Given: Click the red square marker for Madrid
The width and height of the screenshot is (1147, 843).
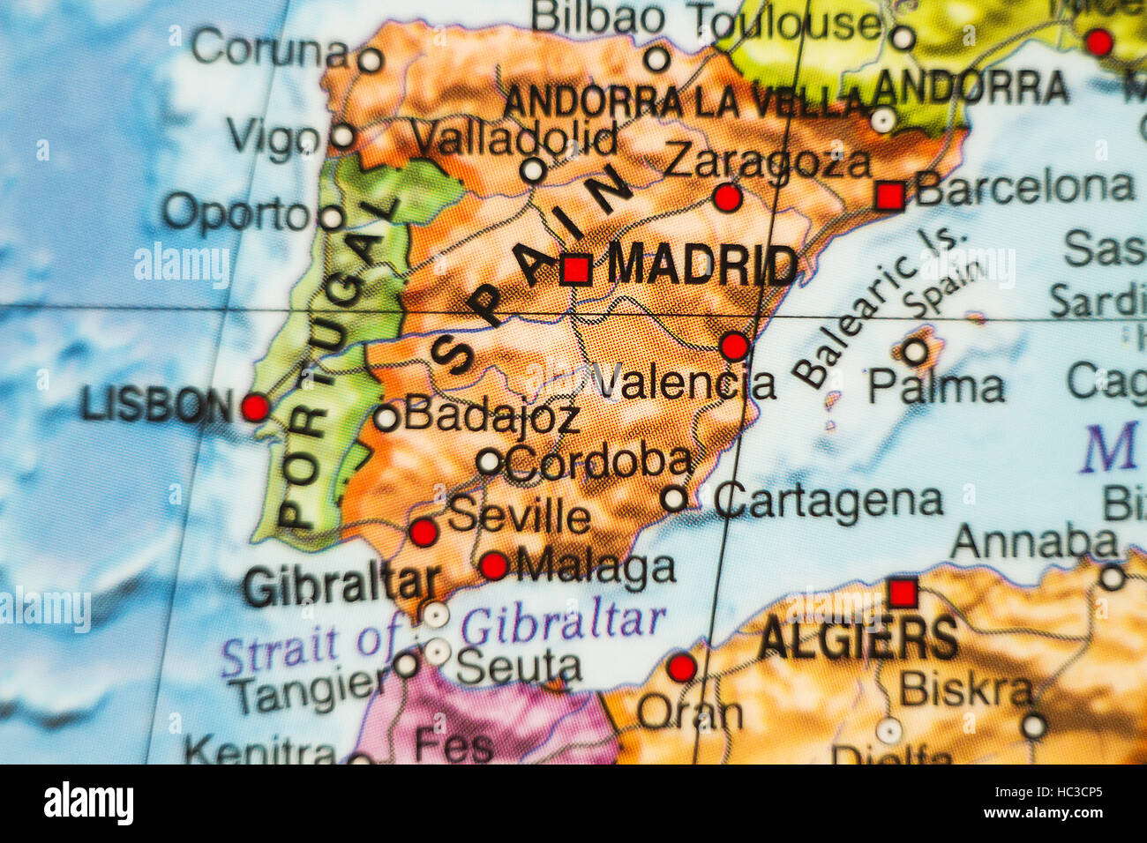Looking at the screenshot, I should pos(575,268).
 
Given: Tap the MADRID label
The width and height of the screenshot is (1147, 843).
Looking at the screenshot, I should pos(702,265).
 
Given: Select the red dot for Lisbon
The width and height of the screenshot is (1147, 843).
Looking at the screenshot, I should pos(255,407).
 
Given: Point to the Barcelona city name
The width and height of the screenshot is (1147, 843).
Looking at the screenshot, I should pos(1024,188).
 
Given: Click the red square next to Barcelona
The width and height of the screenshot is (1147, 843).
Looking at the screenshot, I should pos(889,195).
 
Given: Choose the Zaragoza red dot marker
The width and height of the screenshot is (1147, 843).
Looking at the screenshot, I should pos(727,198).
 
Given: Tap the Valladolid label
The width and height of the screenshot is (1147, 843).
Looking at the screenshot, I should pos(514,138).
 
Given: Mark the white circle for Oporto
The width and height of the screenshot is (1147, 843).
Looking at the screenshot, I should pos(331,218).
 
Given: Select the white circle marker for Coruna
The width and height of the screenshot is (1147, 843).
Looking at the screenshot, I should pos(370,60).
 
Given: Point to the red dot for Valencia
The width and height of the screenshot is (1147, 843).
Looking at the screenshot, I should pos(734,346).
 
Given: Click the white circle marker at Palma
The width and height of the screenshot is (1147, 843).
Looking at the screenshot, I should pos(915,353).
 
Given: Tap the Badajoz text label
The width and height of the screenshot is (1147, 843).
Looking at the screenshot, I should pos(491,415).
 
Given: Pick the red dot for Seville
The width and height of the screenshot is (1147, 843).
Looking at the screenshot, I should pos(424,532).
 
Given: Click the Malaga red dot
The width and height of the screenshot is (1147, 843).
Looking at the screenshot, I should pos(493,565).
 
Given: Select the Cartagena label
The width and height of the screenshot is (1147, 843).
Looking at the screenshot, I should pos(828,501).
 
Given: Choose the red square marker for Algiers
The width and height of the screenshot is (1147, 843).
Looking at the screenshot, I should pos(902,592).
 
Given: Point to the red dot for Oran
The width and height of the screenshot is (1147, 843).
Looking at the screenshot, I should pos(681,667).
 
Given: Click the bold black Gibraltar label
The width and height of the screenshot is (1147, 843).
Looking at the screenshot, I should pos(341,585).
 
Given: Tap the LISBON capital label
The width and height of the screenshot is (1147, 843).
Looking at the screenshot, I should pos(156,406).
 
